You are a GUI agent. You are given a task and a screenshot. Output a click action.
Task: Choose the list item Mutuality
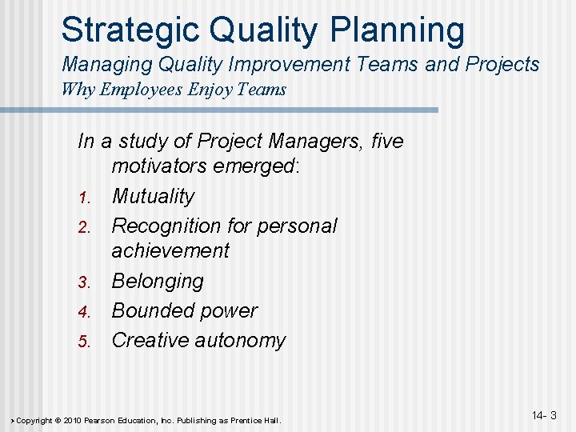click(x=153, y=197)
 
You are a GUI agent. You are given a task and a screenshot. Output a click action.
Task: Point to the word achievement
click(x=170, y=251)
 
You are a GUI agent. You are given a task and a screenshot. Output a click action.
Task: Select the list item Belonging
click(x=158, y=281)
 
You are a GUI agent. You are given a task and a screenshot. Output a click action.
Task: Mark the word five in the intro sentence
click(x=387, y=142)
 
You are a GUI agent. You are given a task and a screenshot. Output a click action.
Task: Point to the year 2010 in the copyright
click(x=71, y=420)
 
